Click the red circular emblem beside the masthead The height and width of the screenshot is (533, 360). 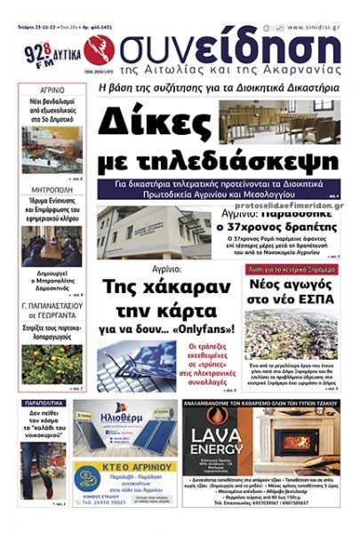[97, 46]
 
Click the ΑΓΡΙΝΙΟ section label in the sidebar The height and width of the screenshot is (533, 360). [53, 91]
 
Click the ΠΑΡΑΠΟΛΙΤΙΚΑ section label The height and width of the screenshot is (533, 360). [53, 402]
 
